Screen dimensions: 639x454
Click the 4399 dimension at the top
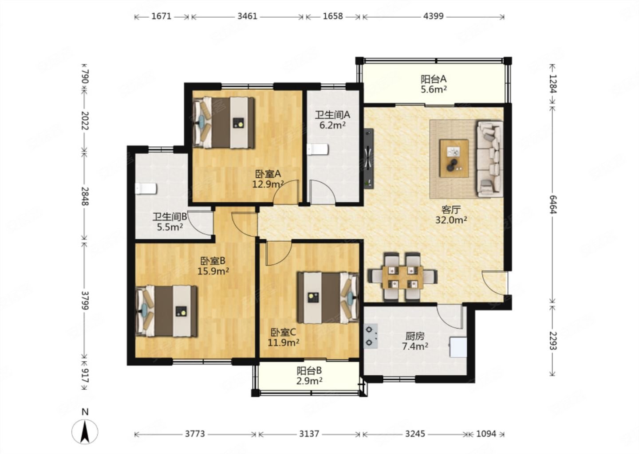(433, 16)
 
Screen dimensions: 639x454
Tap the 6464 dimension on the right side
(553, 204)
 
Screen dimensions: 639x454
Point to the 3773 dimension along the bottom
(195, 434)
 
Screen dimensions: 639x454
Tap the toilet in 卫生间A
(318, 149)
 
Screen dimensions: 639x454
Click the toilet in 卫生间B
(146, 189)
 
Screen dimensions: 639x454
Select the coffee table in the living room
(454, 158)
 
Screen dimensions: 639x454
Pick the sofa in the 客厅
(490, 159)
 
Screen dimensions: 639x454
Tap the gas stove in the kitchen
(371, 336)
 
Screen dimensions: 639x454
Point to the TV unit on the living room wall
(369, 158)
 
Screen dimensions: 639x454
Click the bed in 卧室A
(224, 122)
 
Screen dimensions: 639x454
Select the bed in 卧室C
(328, 297)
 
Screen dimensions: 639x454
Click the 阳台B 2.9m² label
(310, 376)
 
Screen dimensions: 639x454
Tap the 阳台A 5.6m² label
(434, 84)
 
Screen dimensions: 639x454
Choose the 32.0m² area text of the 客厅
(451, 220)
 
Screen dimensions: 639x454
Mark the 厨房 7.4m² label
(415, 341)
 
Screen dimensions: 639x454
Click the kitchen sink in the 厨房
(458, 347)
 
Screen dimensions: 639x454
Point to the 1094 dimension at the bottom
(486, 434)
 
